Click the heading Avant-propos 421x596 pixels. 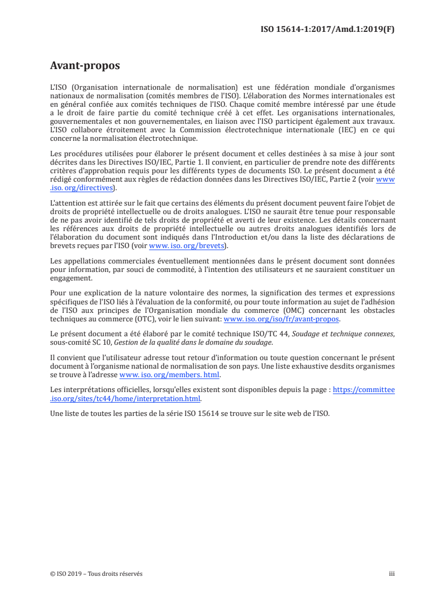coord(84,66)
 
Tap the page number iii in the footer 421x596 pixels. coord(392,574)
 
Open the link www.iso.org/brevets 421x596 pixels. coord(186,246)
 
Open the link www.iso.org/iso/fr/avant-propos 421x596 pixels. coord(281,319)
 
